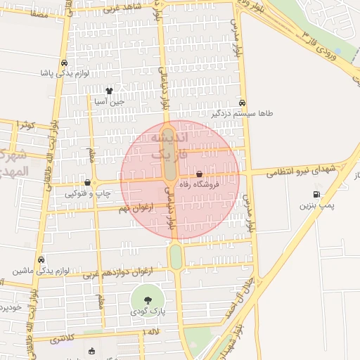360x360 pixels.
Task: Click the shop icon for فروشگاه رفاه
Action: coord(200,174)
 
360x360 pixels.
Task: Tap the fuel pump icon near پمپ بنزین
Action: coord(316,195)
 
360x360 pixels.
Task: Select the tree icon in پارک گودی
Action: coord(147,300)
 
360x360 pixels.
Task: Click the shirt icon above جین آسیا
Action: coord(109,91)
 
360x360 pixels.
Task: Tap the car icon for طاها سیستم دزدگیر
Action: coord(243,101)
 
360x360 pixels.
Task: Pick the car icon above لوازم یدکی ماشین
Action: coord(41,259)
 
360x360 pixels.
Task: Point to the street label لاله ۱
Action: coord(153,331)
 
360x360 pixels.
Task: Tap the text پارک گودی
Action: coord(147,311)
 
